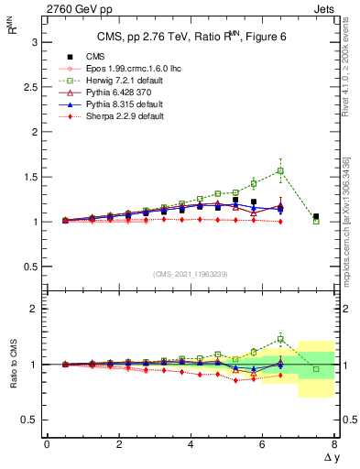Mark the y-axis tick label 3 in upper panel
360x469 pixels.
click(33, 42)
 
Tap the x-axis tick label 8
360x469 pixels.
click(334, 444)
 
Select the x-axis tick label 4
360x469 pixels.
click(191, 444)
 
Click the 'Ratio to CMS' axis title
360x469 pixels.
click(14, 364)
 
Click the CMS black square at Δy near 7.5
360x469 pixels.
click(316, 216)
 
